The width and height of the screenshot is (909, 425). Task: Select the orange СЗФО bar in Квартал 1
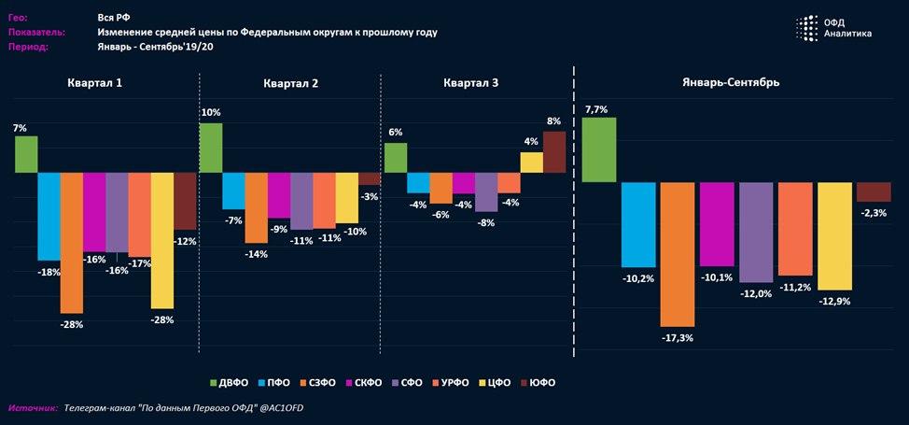coord(71,243)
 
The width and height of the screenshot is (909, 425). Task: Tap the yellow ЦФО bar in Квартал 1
coord(162,240)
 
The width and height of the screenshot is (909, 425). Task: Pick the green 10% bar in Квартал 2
coord(211,148)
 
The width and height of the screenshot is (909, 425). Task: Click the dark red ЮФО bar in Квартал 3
coord(554,152)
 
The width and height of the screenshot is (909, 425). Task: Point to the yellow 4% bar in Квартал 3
coord(532,163)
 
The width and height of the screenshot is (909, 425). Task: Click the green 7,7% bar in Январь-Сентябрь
coord(599,149)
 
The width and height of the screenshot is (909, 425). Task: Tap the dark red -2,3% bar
coord(874,192)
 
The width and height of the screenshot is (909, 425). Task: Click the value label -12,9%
coord(834,302)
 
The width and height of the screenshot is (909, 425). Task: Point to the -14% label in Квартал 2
coord(256,254)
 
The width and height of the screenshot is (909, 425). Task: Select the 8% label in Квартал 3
coord(554,121)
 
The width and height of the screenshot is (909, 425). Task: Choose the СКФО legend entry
coord(370,383)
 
